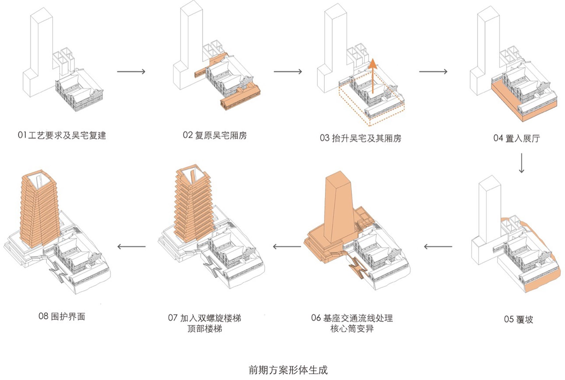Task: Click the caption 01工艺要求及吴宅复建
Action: tap(62, 135)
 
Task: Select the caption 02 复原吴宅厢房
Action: tap(215, 135)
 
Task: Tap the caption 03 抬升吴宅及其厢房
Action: tap(361, 138)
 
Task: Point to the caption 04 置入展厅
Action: tap(516, 138)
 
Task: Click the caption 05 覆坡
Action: tap(518, 320)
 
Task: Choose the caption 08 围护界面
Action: tap(62, 316)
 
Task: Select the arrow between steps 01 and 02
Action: tap(131, 71)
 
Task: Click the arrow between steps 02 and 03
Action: tap(288, 71)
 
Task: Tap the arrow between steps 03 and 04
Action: tap(433, 71)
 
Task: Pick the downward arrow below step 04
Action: tap(521, 163)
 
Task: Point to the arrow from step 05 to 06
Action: tap(438, 246)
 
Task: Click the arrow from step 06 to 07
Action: tap(287, 246)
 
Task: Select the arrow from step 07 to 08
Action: tap(131, 246)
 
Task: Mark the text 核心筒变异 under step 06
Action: tap(352, 329)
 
